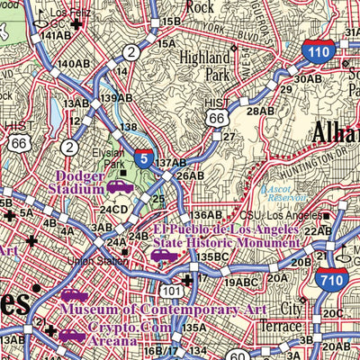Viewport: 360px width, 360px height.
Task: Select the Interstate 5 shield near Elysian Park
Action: [144, 159]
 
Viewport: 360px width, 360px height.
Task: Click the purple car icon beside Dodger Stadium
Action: [118, 187]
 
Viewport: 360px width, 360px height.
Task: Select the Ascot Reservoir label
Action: [283, 194]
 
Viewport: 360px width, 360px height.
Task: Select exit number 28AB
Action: [259, 111]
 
